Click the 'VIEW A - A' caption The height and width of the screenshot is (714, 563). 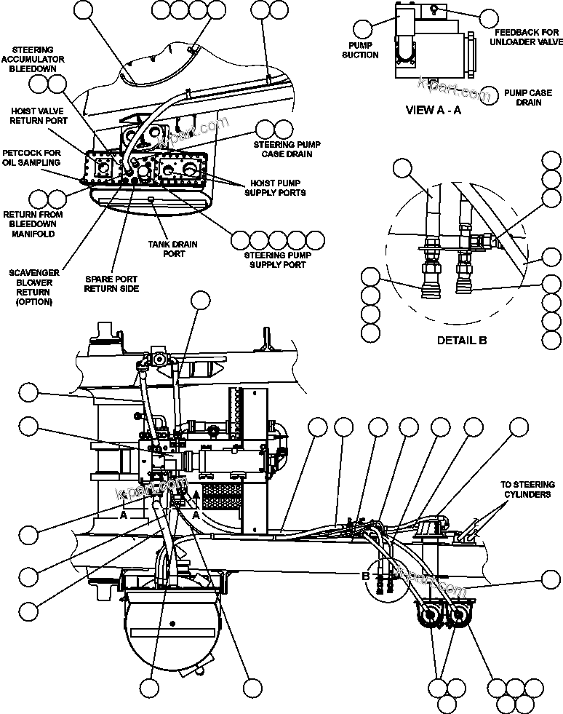pos(433,111)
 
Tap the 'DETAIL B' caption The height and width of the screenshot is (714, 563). pos(462,340)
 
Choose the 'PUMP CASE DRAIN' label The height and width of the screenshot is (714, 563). pos(528,98)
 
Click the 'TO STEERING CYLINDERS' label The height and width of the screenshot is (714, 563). pos(527,489)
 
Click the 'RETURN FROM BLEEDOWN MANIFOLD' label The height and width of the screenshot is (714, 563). pos(33,224)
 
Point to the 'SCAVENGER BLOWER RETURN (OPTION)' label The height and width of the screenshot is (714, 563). pos(29,287)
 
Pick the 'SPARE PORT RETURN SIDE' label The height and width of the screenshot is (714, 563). pos(111,284)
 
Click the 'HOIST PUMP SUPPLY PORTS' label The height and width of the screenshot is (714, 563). pos(277,188)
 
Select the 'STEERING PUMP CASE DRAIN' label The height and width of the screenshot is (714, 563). pos(282,149)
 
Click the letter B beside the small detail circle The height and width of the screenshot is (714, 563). pos(366,576)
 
